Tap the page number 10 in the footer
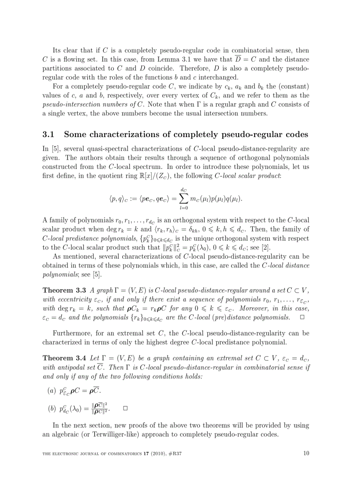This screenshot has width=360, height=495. click(307, 452)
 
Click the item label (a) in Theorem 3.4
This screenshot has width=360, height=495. click(52, 391)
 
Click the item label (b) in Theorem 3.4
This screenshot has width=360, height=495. click(52, 409)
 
